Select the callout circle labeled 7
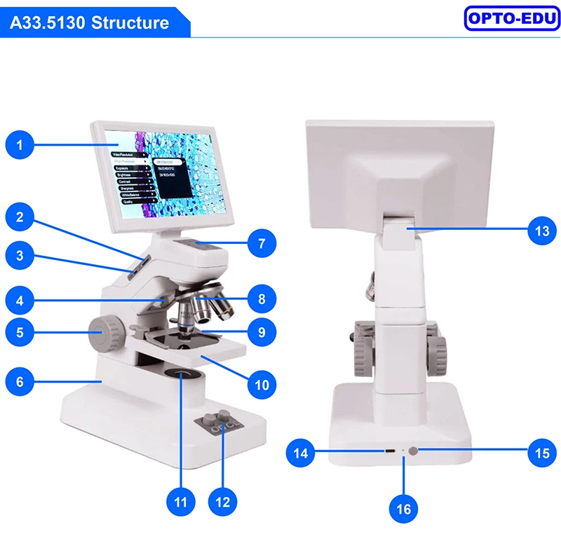pyautogui.click(x=262, y=244)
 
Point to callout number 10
pyautogui.click(x=262, y=384)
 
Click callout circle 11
pyautogui.click(x=181, y=502)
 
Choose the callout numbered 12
pyautogui.click(x=223, y=502)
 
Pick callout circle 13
pyautogui.click(x=542, y=230)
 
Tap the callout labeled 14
pyautogui.click(x=301, y=453)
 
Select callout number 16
pyautogui.click(x=405, y=508)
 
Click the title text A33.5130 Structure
pyautogui.click(x=90, y=22)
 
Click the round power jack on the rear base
pyautogui.click(x=418, y=451)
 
